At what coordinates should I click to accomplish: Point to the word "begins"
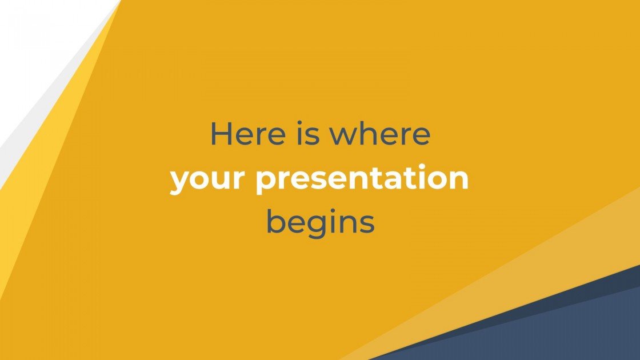[320, 223]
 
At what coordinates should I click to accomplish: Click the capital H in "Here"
[221, 134]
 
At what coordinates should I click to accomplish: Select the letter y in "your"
[179, 182]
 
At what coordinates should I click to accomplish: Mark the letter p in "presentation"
[265, 182]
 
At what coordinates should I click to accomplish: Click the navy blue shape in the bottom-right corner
[543, 331]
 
